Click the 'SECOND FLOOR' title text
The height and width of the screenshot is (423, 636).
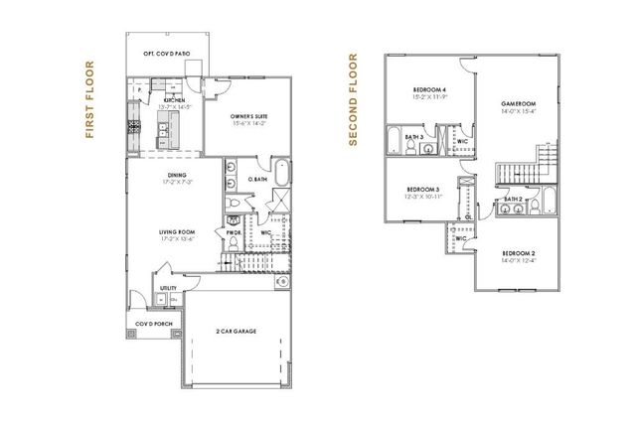352,100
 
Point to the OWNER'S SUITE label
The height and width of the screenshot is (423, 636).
249,116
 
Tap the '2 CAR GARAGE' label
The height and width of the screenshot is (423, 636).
238,332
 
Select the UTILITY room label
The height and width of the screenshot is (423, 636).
168,289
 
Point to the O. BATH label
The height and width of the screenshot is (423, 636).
257,179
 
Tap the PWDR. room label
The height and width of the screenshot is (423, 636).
235,232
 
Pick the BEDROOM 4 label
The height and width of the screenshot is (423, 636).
429,91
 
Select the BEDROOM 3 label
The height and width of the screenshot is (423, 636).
423,188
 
